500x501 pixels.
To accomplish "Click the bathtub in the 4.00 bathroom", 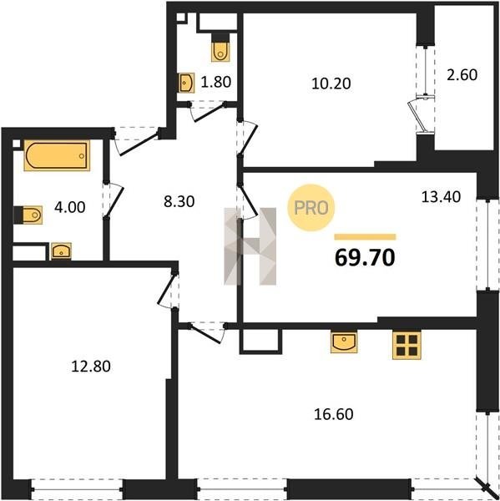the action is [x=57, y=155].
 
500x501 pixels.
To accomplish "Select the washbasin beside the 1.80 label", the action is [x=186, y=83].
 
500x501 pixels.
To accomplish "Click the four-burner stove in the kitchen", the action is [x=407, y=346].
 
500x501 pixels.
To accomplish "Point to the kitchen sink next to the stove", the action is [x=344, y=342].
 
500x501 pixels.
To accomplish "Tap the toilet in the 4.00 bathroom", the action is [x=28, y=215].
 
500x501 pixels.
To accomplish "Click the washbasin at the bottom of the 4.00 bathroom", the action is [x=61, y=251].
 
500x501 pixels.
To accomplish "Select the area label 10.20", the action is [x=331, y=83].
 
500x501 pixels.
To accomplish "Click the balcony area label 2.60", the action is [x=462, y=75].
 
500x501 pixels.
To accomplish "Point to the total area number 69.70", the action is [x=365, y=258].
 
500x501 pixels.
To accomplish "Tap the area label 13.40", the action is [x=441, y=197].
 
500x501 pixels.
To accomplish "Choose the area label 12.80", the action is [x=91, y=367].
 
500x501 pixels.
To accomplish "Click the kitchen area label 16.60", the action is [x=334, y=414].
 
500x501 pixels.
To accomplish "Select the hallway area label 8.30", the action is [x=179, y=202].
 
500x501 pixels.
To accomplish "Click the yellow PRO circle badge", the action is [x=311, y=208].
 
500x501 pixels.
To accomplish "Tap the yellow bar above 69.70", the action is [x=365, y=237].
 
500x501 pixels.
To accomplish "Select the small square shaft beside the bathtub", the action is [x=17, y=144].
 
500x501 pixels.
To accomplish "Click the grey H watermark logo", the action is [x=250, y=246].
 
